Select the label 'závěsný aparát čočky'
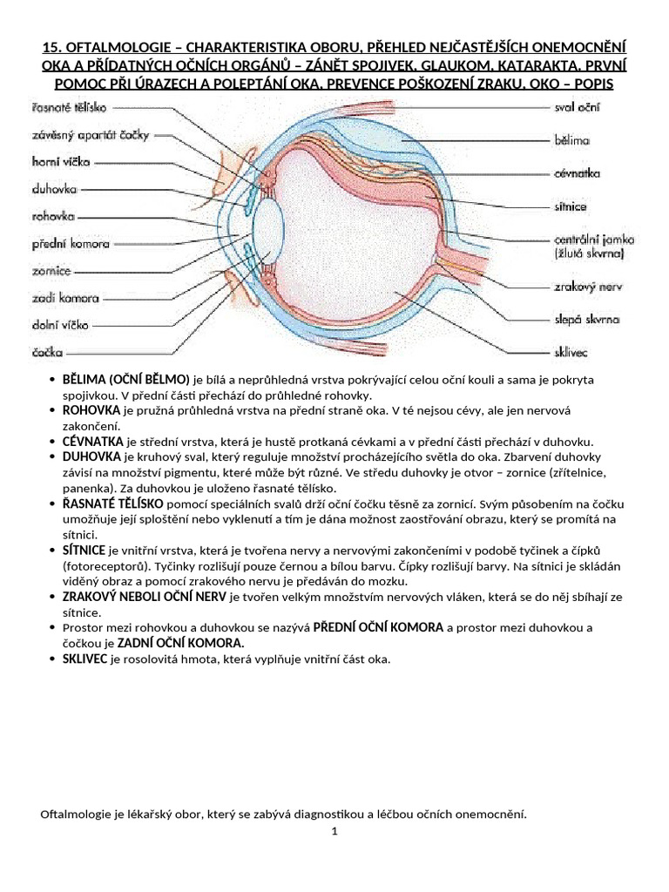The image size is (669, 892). (79, 134)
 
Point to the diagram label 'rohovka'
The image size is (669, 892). (53, 216)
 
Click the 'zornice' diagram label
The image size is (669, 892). (51, 271)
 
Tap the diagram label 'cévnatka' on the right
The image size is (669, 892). (578, 173)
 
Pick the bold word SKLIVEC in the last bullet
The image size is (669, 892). (84, 659)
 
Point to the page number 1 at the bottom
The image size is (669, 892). (334, 832)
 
